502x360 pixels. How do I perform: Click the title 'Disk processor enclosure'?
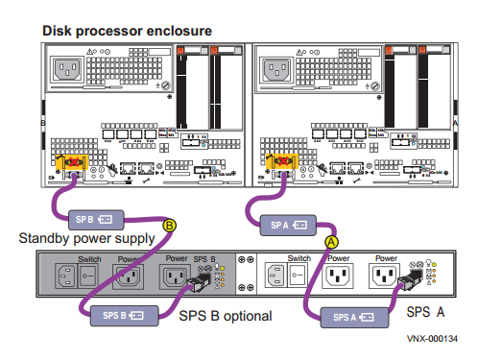[x=127, y=31]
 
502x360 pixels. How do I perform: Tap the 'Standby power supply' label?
[x=85, y=237]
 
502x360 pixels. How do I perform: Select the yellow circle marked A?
[x=332, y=241]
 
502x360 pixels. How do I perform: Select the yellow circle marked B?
[x=170, y=227]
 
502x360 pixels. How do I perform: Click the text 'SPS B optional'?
[x=225, y=316]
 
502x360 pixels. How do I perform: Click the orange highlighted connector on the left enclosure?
[x=71, y=166]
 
